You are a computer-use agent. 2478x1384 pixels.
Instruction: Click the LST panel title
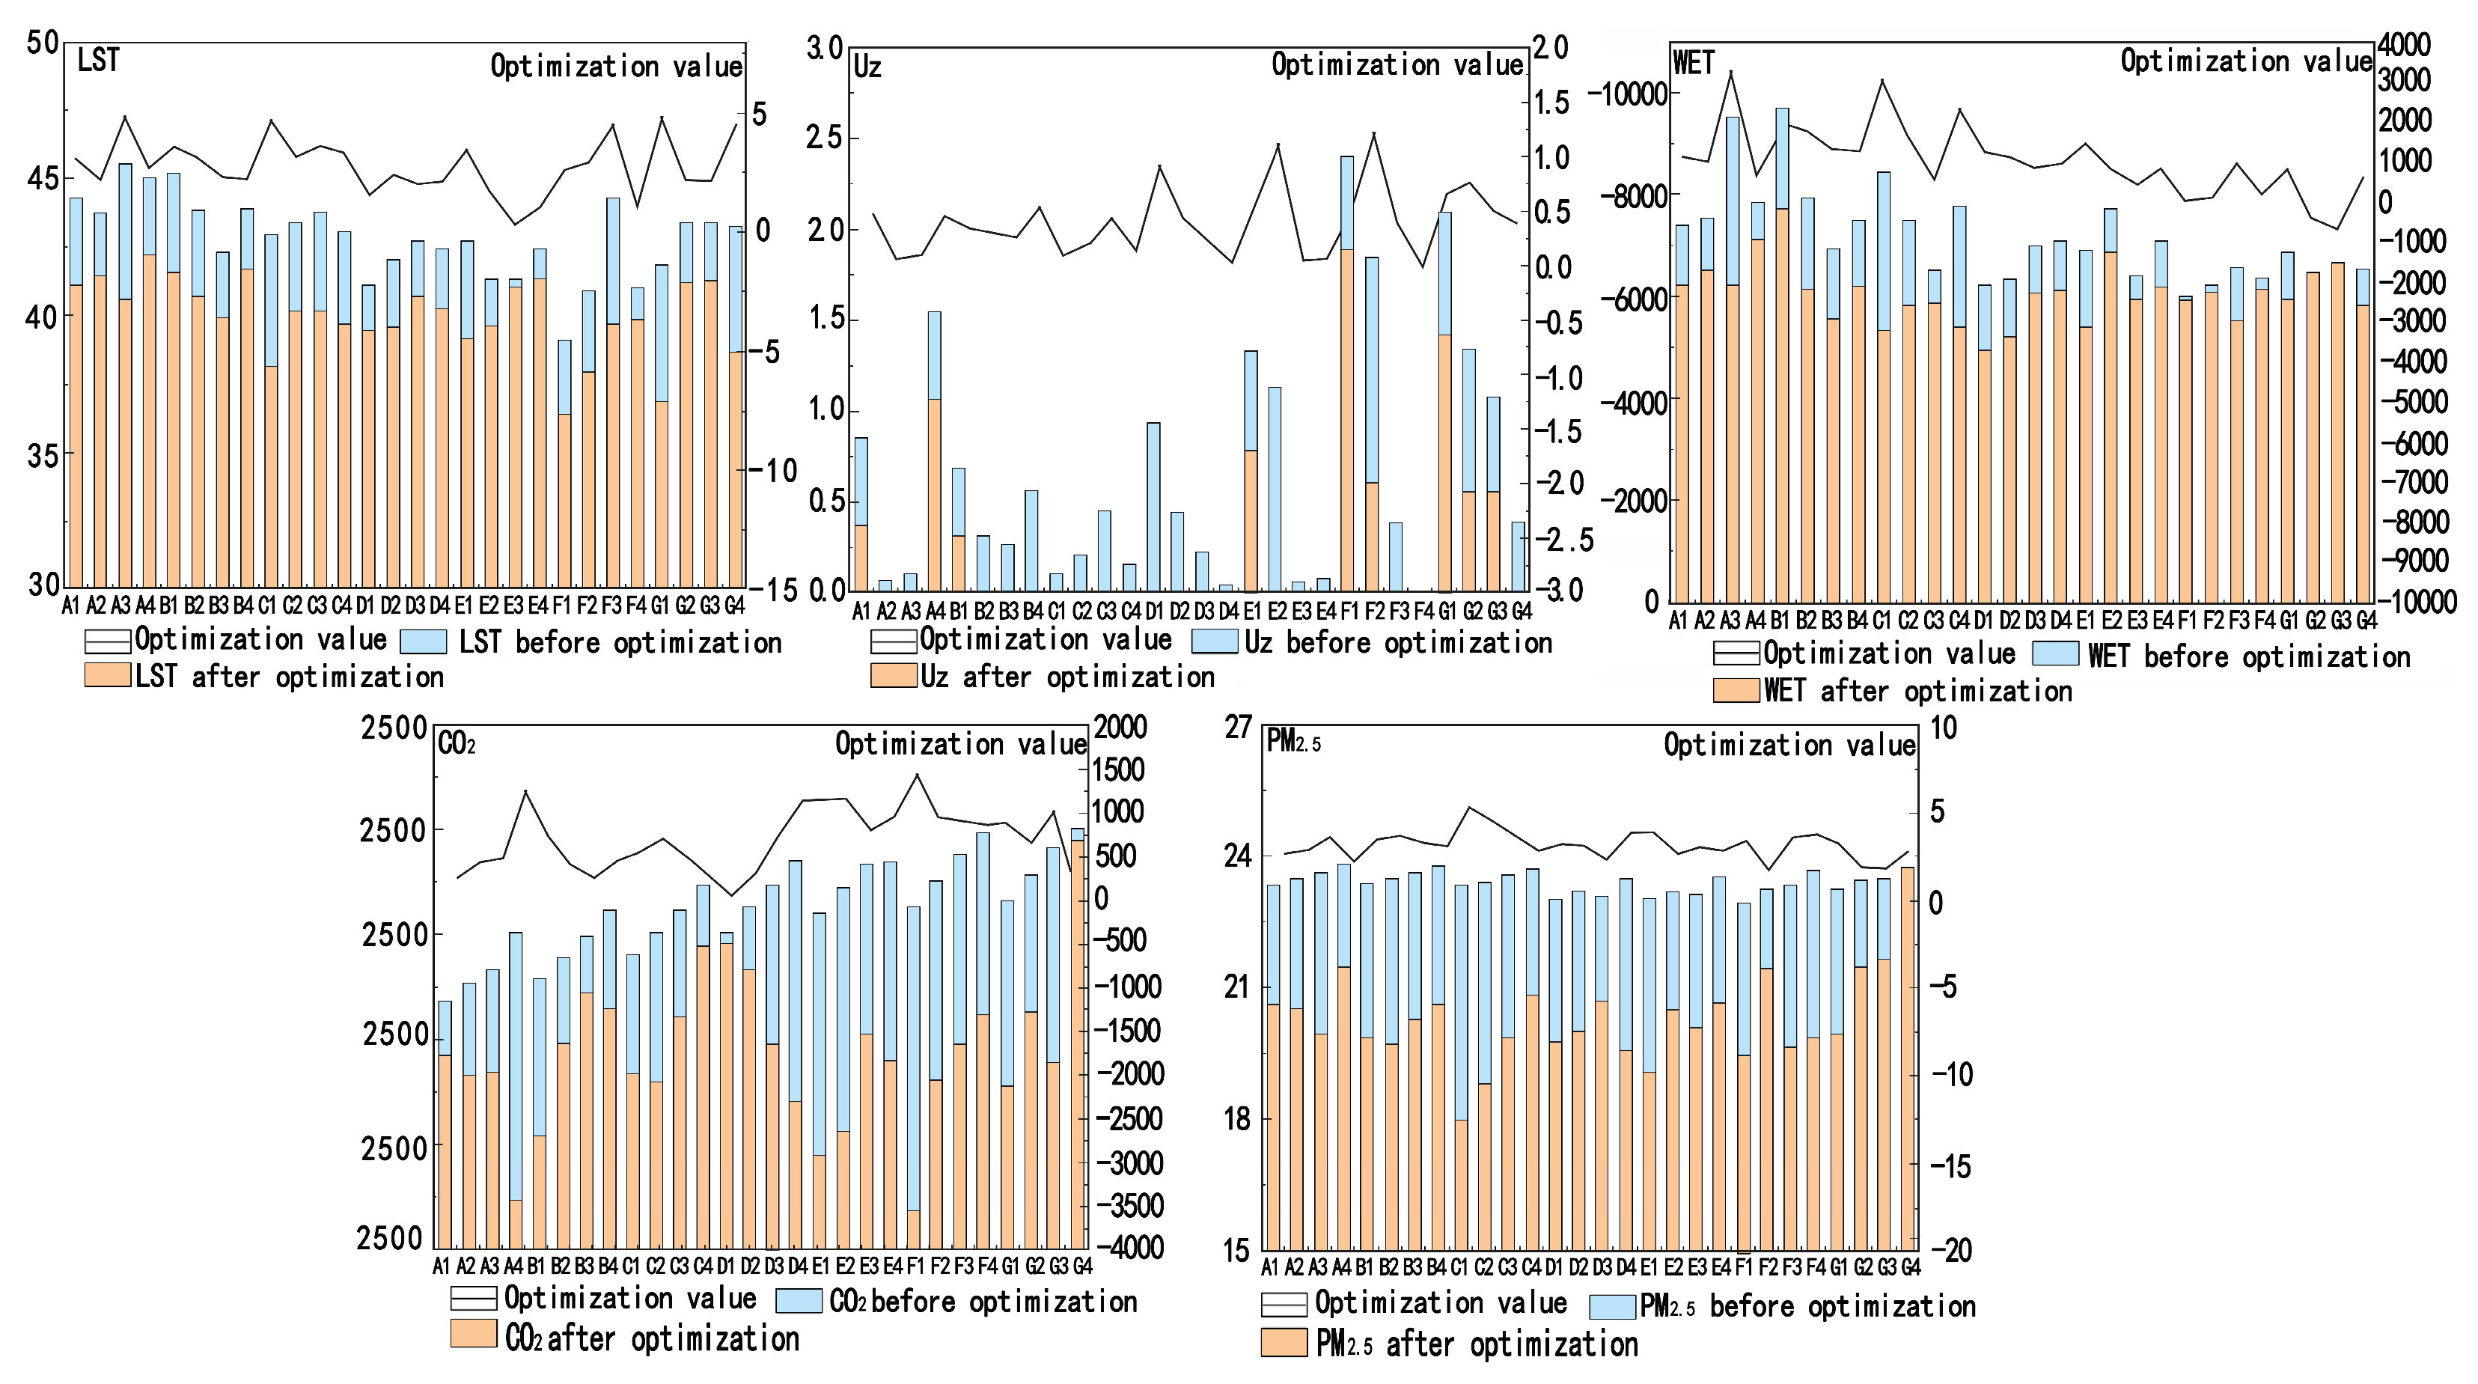(x=97, y=61)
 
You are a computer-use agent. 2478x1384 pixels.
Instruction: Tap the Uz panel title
(x=867, y=67)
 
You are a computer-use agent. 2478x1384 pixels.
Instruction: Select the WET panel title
(x=1693, y=63)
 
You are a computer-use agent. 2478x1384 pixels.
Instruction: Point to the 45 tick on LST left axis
(x=43, y=179)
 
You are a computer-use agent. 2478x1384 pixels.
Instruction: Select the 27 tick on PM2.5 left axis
(x=1237, y=727)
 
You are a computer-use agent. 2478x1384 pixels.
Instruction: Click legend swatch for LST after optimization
(x=107, y=675)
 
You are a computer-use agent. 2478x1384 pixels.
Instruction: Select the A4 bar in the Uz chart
(x=934, y=452)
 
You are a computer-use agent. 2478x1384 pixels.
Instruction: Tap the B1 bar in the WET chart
(x=1781, y=356)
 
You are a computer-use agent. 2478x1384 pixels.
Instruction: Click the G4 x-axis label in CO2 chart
(x=1081, y=1266)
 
